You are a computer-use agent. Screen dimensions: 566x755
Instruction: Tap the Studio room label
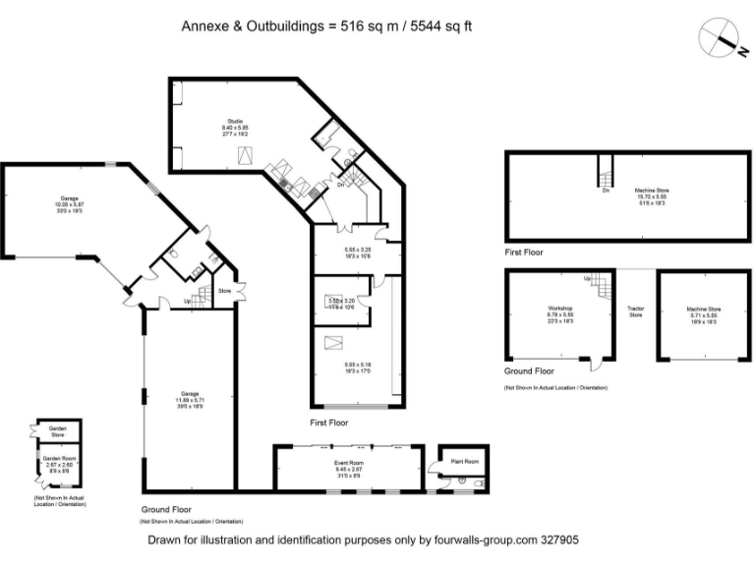[x=235, y=121]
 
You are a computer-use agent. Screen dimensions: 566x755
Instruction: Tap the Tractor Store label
[x=635, y=311]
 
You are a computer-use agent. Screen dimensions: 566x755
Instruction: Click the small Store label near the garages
[x=223, y=291]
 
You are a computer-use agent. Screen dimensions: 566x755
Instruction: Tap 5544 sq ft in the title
[x=436, y=27]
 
